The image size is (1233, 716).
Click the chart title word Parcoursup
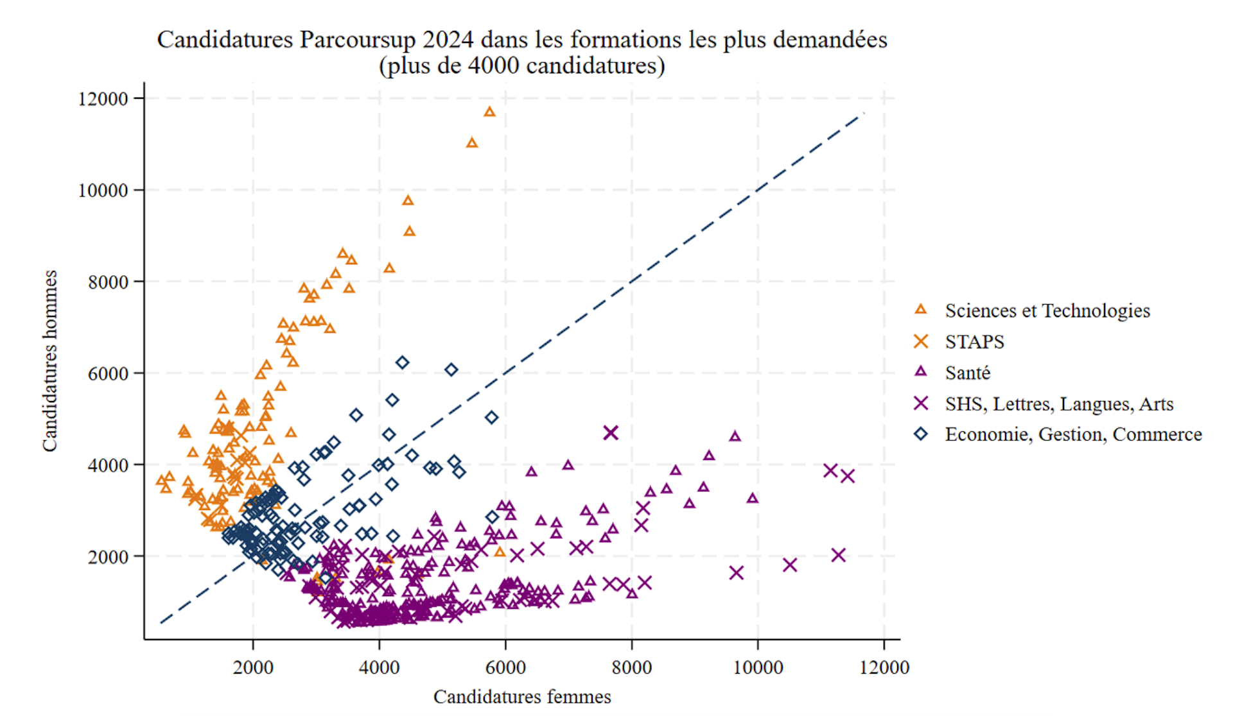coord(358,40)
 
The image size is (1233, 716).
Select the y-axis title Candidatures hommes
coord(50,361)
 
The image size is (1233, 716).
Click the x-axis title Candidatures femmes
coord(522,697)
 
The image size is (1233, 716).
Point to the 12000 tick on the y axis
coord(103,99)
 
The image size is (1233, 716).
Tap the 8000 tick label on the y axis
coord(108,282)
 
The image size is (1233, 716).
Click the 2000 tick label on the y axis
coord(108,557)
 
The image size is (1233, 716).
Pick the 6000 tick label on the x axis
coord(505,667)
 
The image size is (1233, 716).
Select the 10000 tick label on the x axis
coord(758,667)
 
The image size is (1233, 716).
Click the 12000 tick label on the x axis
coord(884,667)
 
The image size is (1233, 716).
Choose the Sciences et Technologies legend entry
coord(1047,311)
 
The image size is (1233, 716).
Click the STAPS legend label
coord(974,342)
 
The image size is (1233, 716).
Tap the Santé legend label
coord(967,373)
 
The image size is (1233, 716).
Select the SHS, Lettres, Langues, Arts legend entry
coord(1058,404)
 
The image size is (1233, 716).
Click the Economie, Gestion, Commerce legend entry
coord(1072,434)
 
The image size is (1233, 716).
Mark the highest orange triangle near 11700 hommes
coord(489,112)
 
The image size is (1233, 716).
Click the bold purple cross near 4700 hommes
coord(611,433)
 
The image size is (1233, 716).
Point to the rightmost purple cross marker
coord(848,476)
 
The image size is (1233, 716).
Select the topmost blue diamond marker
coord(403,362)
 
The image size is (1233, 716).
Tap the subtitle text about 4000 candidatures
coord(522,65)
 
